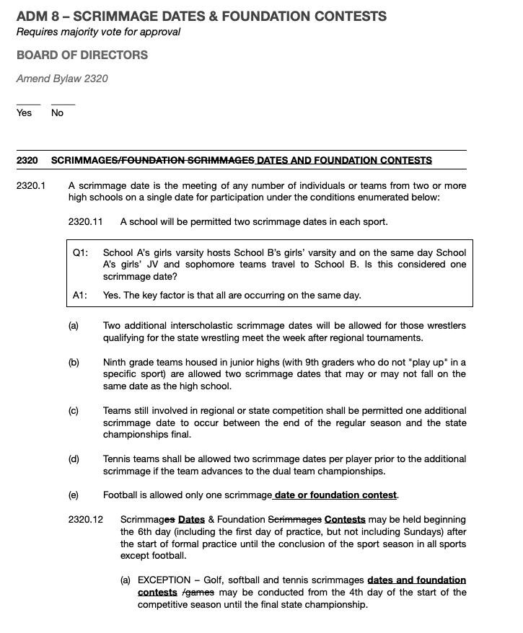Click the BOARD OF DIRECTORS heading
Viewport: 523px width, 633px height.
click(82, 55)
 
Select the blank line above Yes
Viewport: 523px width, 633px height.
click(28, 104)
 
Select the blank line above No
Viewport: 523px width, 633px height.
click(63, 104)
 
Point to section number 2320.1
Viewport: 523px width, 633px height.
click(30, 186)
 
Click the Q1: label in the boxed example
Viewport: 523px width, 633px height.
click(80, 253)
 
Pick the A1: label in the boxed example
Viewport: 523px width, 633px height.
click(80, 296)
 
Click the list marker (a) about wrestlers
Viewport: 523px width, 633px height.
click(74, 326)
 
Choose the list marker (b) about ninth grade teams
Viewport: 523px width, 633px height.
click(74, 362)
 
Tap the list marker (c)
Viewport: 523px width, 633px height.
click(74, 411)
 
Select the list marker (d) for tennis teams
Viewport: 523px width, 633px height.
click(74, 459)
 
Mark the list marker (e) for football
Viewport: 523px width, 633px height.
click(74, 495)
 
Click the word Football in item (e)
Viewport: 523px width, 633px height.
click(122, 495)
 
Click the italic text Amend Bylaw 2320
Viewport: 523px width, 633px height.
click(62, 79)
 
